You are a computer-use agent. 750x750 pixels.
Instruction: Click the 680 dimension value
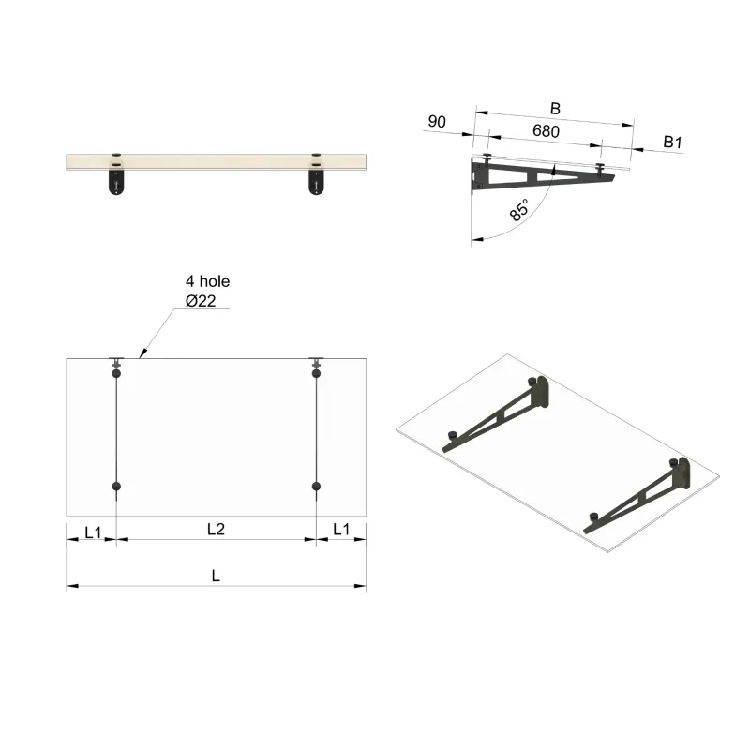pyautogui.click(x=546, y=131)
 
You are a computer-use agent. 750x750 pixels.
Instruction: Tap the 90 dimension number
pyautogui.click(x=436, y=121)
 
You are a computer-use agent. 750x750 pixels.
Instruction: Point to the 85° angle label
pyautogui.click(x=518, y=209)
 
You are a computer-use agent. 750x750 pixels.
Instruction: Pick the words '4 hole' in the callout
pyautogui.click(x=207, y=280)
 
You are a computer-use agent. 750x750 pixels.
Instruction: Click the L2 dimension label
pyautogui.click(x=216, y=530)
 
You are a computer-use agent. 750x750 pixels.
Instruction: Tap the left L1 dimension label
pyautogui.click(x=93, y=531)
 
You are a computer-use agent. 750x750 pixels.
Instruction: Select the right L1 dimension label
pyautogui.click(x=341, y=530)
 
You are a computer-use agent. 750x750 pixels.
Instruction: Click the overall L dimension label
pyautogui.click(x=216, y=577)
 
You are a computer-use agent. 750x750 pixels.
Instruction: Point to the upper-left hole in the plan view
pyautogui.click(x=116, y=373)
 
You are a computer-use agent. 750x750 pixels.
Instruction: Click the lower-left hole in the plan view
pyautogui.click(x=116, y=487)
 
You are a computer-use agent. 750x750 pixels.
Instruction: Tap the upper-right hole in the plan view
pyautogui.click(x=317, y=373)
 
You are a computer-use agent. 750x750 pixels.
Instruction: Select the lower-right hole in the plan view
pyautogui.click(x=317, y=487)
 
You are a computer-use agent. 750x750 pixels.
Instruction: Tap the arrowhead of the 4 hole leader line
pyautogui.click(x=140, y=356)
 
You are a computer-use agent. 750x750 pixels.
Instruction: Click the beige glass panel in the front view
pyautogui.click(x=216, y=162)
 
